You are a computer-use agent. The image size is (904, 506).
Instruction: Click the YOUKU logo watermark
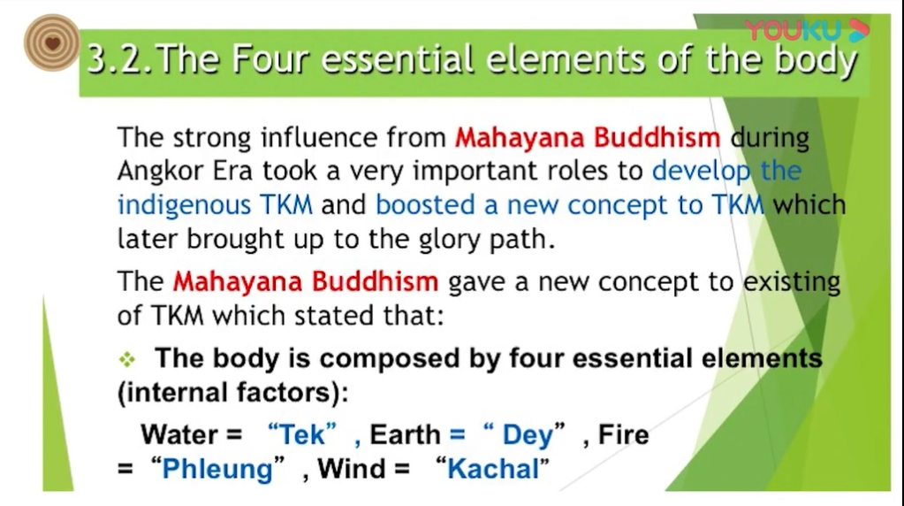click(x=807, y=30)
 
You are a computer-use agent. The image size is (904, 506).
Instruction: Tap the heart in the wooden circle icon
click(x=52, y=42)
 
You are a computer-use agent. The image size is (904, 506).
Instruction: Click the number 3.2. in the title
click(x=120, y=59)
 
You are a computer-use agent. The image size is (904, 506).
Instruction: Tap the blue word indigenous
click(x=184, y=206)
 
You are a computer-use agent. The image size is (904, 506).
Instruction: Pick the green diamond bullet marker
click(x=127, y=359)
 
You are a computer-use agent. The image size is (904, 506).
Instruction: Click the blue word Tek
click(x=302, y=434)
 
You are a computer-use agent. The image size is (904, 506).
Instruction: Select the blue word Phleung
click(x=217, y=469)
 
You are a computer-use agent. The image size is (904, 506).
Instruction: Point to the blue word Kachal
click(x=493, y=469)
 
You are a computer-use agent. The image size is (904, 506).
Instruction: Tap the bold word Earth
click(x=405, y=434)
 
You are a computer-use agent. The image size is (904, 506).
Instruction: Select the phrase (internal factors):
click(x=233, y=393)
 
